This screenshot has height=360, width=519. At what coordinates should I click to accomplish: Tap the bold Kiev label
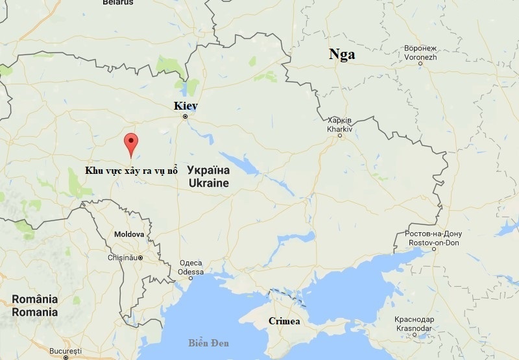point(186,106)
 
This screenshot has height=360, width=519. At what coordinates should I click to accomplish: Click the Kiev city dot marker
point(185,117)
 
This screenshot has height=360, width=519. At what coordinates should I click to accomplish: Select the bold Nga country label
point(342,54)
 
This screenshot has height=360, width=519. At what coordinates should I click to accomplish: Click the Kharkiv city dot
point(339,136)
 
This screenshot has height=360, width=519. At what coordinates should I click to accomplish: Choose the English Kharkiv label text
point(340,129)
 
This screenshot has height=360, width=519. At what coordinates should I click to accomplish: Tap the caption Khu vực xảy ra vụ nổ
point(131,170)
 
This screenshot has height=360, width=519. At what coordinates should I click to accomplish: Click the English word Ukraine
point(208,184)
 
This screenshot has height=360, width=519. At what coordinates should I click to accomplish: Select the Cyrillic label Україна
point(208,171)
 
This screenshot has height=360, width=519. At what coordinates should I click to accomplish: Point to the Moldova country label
point(128,234)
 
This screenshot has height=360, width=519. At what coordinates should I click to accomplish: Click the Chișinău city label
point(123,258)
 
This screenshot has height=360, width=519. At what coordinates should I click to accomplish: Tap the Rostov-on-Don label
point(434,242)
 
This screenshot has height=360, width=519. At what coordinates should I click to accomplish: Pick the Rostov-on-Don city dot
point(434,249)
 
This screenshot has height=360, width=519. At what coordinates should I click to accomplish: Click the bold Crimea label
point(284,322)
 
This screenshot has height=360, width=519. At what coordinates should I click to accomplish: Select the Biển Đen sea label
point(209,342)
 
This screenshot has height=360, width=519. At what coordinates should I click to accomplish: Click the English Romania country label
point(34,312)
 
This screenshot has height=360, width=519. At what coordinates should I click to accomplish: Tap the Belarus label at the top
point(118,3)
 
